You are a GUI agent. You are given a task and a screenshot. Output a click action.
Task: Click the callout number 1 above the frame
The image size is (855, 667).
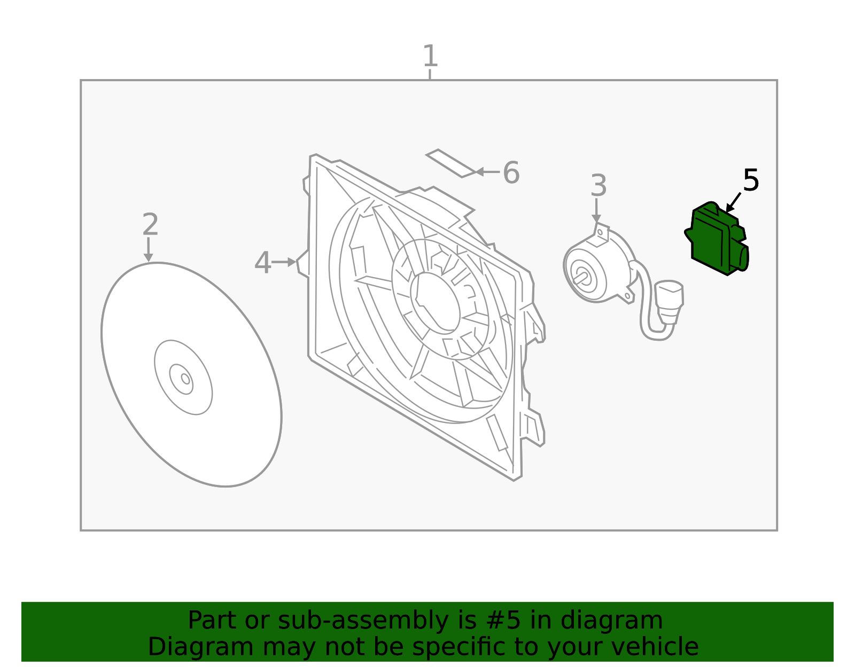[x=430, y=56]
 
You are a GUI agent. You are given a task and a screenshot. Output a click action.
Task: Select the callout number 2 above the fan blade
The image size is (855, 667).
[x=150, y=224]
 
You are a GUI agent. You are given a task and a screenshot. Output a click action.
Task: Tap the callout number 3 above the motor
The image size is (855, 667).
[x=598, y=185]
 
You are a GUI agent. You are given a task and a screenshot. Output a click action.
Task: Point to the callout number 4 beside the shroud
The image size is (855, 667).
[x=263, y=263]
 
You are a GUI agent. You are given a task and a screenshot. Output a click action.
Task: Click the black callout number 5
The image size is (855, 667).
[x=751, y=181]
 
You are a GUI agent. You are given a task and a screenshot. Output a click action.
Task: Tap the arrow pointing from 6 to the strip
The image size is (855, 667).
[x=487, y=172]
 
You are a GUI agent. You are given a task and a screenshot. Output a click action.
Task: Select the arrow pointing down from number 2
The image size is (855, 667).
[x=149, y=249]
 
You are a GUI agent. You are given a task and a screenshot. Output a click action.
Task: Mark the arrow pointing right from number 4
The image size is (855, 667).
[x=284, y=262]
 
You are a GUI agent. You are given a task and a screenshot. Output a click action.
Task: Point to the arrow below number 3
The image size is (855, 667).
[x=596, y=210]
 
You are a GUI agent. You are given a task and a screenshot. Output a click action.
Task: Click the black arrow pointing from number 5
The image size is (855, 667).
[x=733, y=202]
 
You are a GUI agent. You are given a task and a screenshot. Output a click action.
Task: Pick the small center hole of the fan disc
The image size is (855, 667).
[x=186, y=379]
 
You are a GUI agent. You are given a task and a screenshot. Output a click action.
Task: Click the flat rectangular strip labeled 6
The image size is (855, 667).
[x=452, y=163]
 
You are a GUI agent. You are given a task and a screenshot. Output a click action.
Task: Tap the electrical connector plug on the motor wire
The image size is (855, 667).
[x=669, y=302]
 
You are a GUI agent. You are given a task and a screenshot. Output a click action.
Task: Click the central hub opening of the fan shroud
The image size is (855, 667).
[x=435, y=303]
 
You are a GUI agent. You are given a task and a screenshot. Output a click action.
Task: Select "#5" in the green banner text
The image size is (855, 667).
[x=503, y=620]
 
